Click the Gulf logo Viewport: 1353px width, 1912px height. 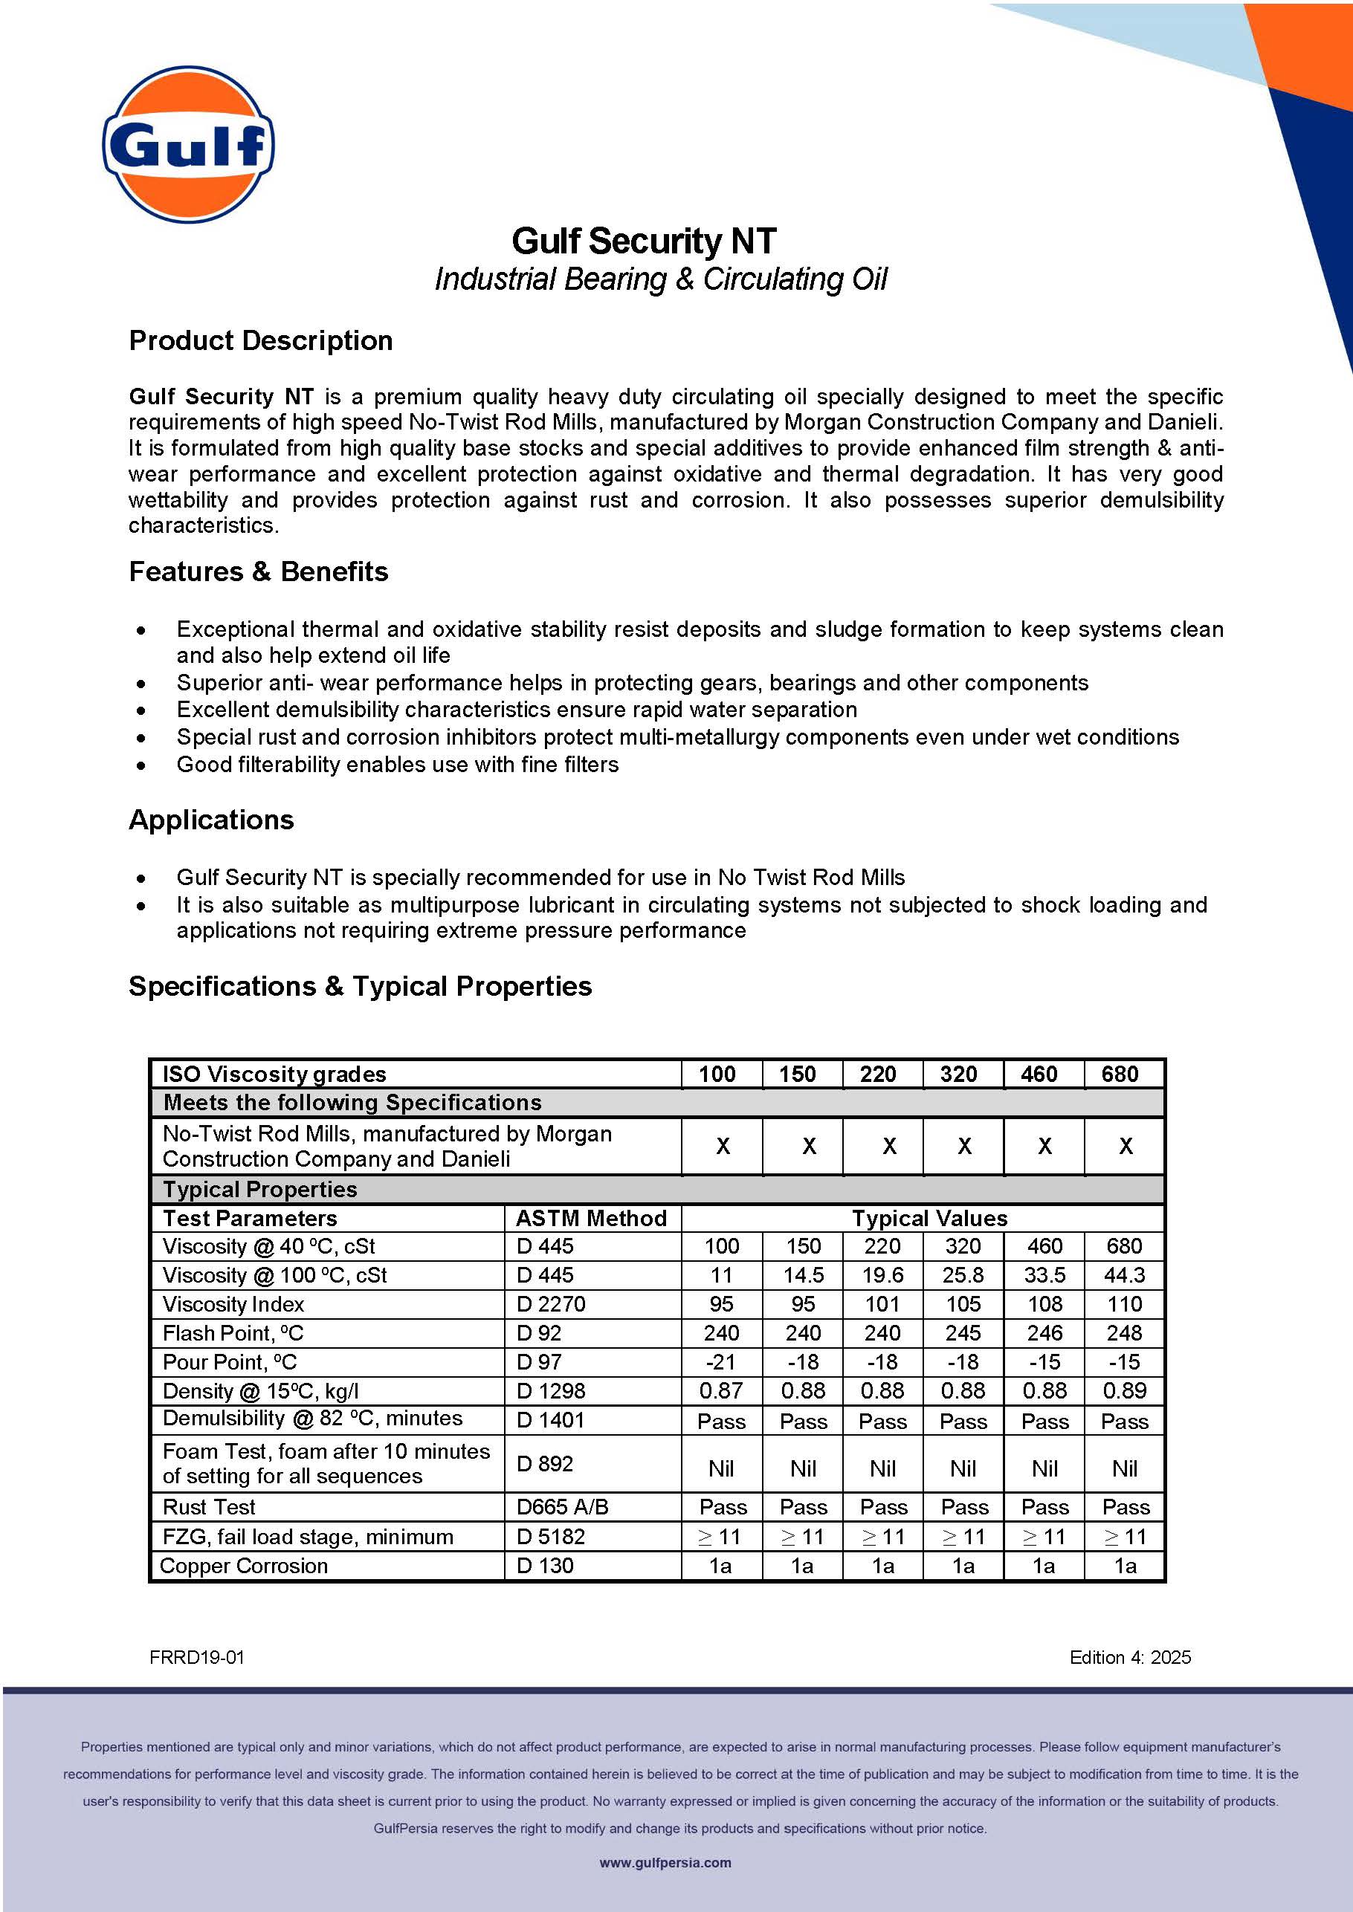[x=188, y=145]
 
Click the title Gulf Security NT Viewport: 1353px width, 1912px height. [x=643, y=242]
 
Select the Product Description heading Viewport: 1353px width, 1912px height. [x=261, y=340]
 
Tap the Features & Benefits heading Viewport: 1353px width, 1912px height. [x=258, y=571]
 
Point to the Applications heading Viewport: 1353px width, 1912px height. [x=211, y=820]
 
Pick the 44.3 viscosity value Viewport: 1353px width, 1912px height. [x=1124, y=1275]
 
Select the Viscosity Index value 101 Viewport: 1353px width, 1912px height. [x=882, y=1304]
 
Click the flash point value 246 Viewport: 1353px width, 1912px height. [x=1044, y=1333]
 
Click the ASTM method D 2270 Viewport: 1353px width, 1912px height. [x=551, y=1304]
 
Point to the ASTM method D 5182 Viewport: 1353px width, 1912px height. [x=551, y=1537]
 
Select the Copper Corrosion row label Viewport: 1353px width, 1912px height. [x=243, y=1566]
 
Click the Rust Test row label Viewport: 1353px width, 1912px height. [x=209, y=1507]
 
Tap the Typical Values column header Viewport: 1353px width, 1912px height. [x=929, y=1219]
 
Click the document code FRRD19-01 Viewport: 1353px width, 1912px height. [x=196, y=1657]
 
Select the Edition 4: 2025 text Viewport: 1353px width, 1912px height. [x=1130, y=1657]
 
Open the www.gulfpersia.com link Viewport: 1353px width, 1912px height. [x=665, y=1863]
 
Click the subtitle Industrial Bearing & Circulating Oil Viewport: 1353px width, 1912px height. [x=661, y=279]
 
